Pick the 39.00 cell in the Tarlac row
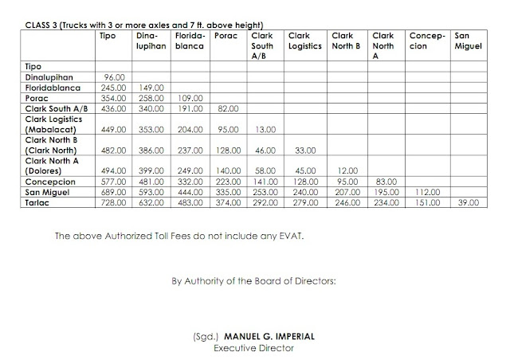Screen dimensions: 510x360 click(469, 204)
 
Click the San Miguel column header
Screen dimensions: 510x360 click(466, 41)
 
